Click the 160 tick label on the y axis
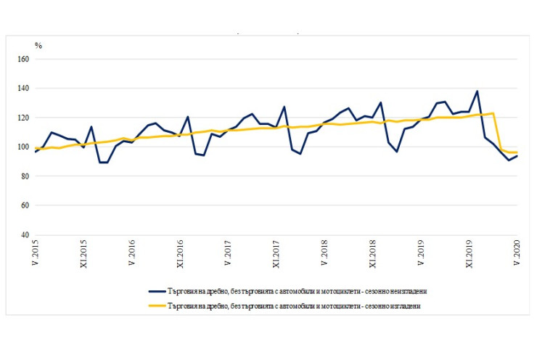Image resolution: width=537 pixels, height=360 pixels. coord(22,59)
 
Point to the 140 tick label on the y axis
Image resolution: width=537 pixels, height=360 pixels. coord(22,89)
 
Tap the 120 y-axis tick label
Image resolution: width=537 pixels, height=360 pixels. coord(22,118)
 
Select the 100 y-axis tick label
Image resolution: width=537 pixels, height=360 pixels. coord(22,147)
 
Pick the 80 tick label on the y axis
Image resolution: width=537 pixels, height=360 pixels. coord(24,176)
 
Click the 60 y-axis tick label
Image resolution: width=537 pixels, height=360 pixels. coord(24,205)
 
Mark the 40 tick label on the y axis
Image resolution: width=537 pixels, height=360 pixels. coord(24,235)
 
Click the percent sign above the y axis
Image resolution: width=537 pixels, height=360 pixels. coord(38,46)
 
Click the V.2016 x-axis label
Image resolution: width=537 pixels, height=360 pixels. coord(131,254)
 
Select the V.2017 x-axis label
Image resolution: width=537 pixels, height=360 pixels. coord(228,254)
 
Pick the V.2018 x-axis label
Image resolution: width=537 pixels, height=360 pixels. coord(324,254)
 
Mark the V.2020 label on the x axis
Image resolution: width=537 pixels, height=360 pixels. coord(517,254)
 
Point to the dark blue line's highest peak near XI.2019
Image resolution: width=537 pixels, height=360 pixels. coord(477,91)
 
